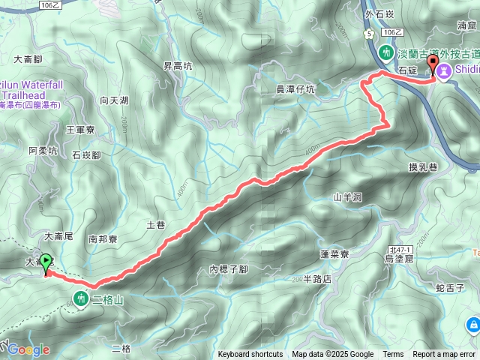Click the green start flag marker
click(x=46, y=262)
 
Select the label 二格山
click(x=106, y=299)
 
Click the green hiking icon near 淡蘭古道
click(x=385, y=53)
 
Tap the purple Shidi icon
click(x=444, y=70)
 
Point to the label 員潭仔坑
click(x=295, y=89)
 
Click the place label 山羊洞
click(x=347, y=197)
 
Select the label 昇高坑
click(x=178, y=66)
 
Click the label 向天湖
click(x=113, y=100)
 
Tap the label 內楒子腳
click(x=229, y=269)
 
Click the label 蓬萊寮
click(x=334, y=254)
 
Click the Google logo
click(x=28, y=349)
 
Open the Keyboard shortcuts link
click(x=250, y=355)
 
